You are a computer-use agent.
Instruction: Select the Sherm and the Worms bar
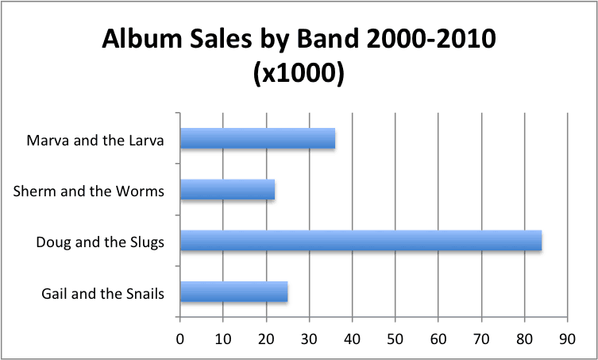click(x=227, y=190)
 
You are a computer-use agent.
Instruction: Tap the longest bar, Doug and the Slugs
click(x=361, y=240)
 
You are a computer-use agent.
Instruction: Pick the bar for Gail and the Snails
click(x=233, y=292)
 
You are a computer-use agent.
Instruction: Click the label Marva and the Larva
click(x=95, y=141)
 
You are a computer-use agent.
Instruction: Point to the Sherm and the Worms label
click(x=89, y=191)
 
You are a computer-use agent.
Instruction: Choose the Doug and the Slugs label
click(x=100, y=242)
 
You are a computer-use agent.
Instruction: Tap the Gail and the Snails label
click(x=102, y=292)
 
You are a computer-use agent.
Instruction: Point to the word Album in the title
click(x=139, y=40)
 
